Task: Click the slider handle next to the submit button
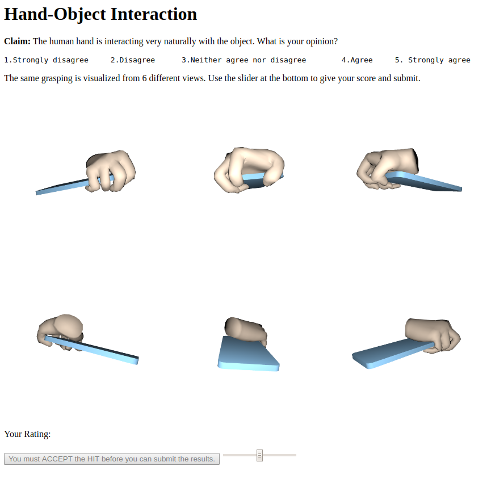259,455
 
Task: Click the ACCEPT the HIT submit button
112,459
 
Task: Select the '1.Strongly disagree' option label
47,60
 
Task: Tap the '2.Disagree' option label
133,60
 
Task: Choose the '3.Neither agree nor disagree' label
244,60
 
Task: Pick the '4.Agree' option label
357,60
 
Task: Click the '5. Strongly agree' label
433,60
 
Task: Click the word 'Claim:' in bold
17,41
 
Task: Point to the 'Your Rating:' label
27,434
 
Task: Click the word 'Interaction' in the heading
154,14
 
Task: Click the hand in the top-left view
110,171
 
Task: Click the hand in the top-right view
387,167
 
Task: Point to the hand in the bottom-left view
60,331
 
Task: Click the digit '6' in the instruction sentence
144,78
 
